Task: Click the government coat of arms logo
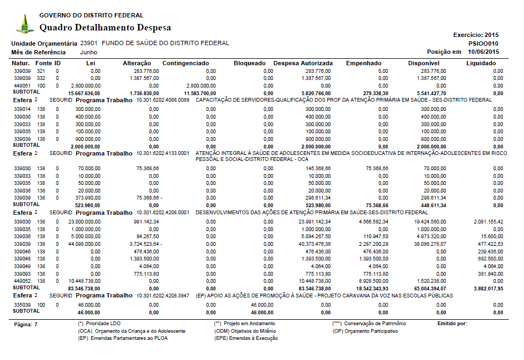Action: click(x=23, y=24)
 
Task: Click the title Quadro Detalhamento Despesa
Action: click(x=105, y=27)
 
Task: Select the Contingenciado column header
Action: click(x=185, y=64)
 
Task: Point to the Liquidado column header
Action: click(x=481, y=64)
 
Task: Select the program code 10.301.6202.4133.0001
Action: click(x=163, y=153)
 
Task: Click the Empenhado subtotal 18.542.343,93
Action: click(x=371, y=288)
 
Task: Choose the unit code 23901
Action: click(x=89, y=43)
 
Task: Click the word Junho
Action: click(x=89, y=52)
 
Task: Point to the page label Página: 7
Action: click(x=25, y=324)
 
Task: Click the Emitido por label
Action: click(x=452, y=324)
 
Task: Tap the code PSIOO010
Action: click(x=483, y=44)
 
